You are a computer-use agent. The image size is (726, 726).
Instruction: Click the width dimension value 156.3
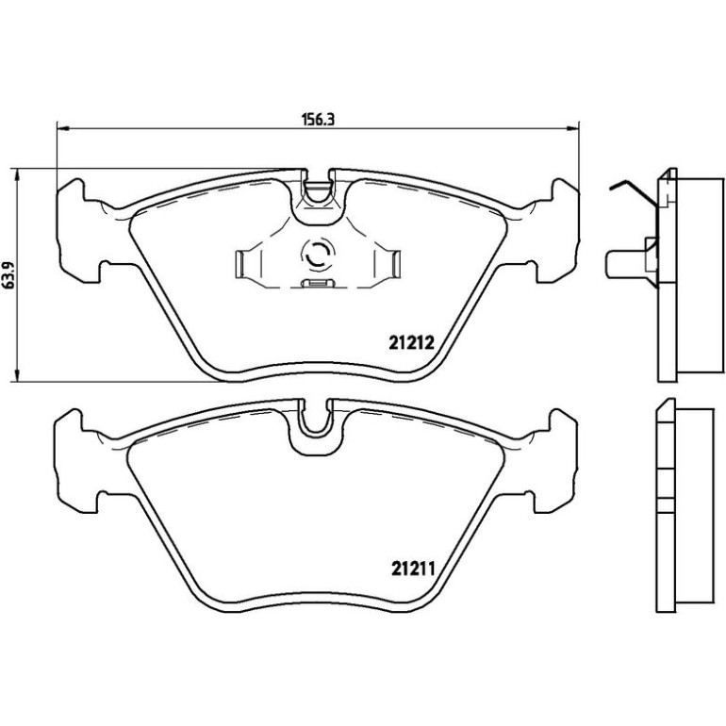pos(318,120)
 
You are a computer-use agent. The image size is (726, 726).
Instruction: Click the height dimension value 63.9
pos(10,275)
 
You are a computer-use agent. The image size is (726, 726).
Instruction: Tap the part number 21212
pos(411,343)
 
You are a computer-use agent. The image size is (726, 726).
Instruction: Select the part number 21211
pos(414,569)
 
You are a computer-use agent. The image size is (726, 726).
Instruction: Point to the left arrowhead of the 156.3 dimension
pos(62,128)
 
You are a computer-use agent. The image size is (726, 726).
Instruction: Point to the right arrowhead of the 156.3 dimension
pos(572,128)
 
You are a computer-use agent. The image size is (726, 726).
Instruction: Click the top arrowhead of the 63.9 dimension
pos(17,174)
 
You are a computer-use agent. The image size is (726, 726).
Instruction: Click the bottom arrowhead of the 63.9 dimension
pos(17,375)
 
